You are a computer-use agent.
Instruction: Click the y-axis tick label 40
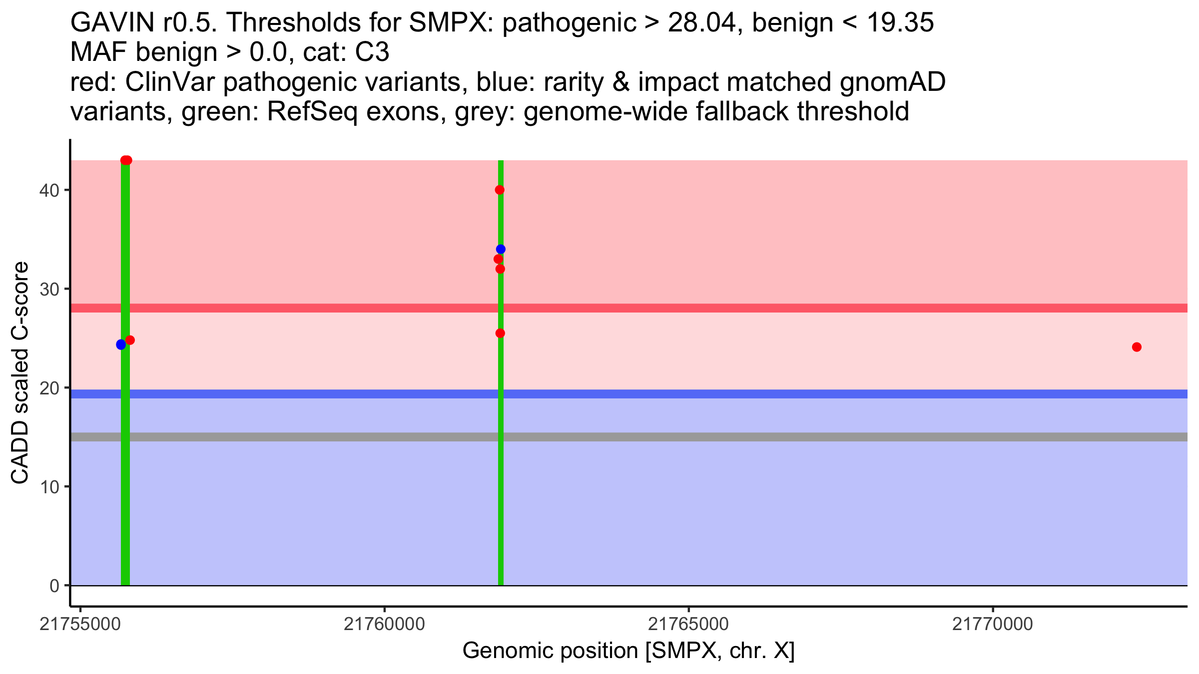48,190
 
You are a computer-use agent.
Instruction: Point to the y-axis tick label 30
48,289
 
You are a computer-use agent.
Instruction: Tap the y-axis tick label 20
48,388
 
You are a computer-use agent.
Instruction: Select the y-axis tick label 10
48,487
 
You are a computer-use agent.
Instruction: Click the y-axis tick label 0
54,586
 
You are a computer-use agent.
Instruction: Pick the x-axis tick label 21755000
80,625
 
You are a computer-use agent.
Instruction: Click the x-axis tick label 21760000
384,625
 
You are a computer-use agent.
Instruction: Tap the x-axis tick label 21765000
688,625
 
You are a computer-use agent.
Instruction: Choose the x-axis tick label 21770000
993,625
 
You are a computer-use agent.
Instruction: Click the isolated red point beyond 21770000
1137,347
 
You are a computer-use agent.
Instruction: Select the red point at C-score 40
500,190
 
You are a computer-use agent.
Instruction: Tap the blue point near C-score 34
501,249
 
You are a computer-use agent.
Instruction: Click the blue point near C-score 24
121,344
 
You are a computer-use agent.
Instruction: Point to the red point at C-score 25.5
500,333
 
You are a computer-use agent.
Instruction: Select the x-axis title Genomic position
628,651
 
